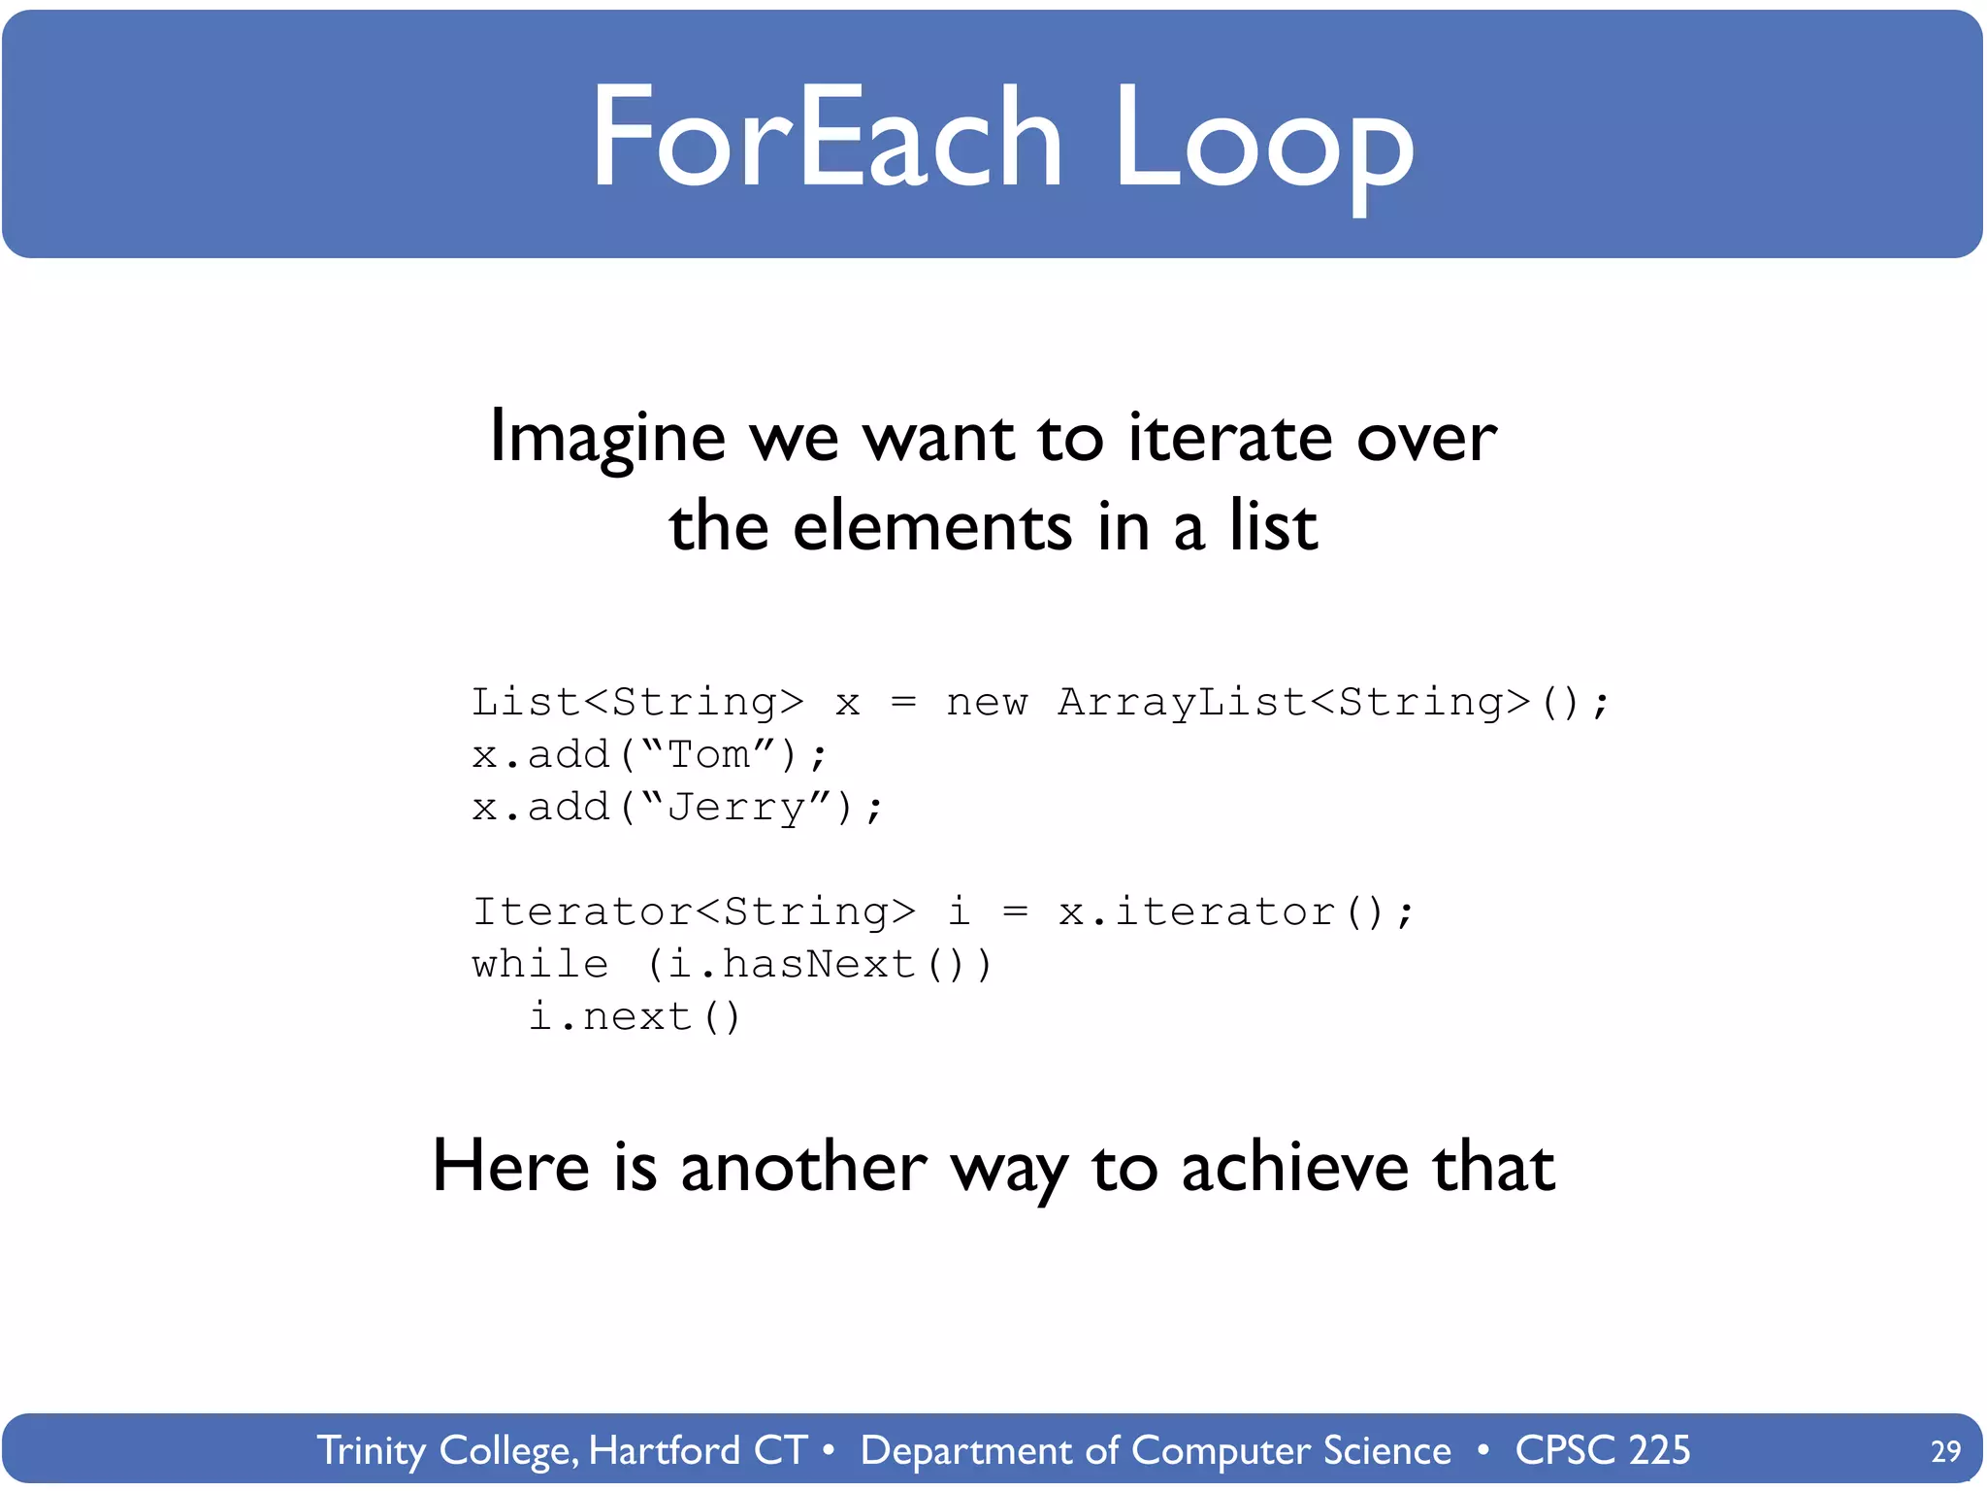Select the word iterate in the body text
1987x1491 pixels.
click(x=1230, y=437)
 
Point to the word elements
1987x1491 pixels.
click(x=931, y=526)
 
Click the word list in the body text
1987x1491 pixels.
click(x=1273, y=526)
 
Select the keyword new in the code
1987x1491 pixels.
click(x=986, y=701)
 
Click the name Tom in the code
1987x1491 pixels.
click(x=708, y=754)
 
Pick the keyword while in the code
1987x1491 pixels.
click(x=539, y=964)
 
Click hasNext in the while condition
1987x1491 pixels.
click(x=818, y=964)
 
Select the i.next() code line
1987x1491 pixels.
click(x=635, y=1016)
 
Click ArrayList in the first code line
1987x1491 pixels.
click(x=1182, y=701)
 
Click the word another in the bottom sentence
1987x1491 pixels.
click(x=803, y=1167)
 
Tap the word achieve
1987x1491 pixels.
click(x=1294, y=1167)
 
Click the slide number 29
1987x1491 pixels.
click(x=1945, y=1450)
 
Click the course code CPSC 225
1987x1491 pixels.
click(x=1602, y=1450)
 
